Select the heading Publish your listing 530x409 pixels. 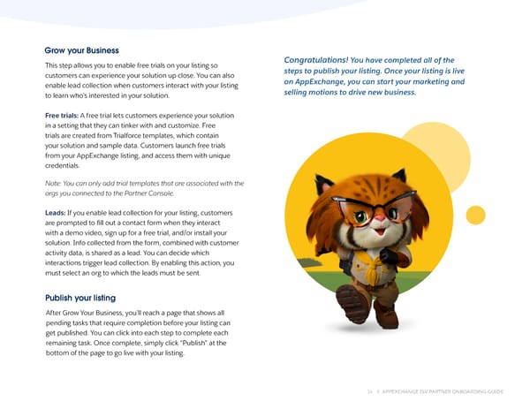79,298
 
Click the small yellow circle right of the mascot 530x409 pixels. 475,214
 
